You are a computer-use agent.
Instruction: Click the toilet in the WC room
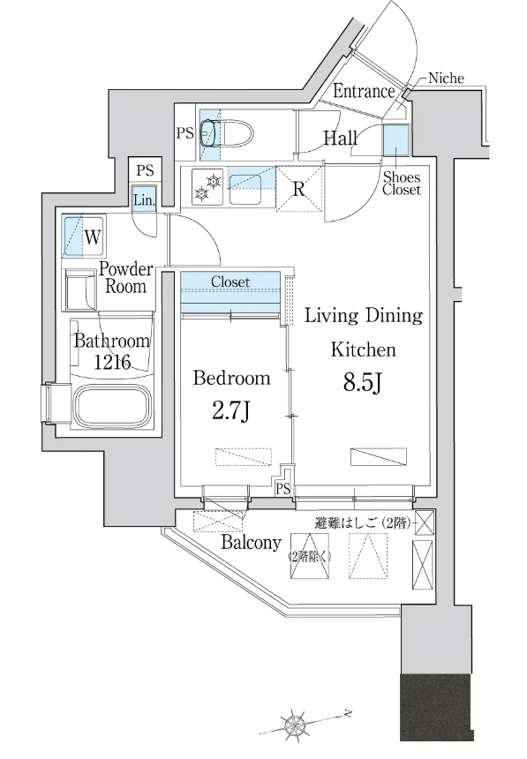(227, 133)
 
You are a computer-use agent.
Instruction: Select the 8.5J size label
(364, 383)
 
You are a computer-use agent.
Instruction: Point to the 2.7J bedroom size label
(231, 411)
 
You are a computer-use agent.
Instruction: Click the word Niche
(446, 78)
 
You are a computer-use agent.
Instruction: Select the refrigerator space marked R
(299, 189)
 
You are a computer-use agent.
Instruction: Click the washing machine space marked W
(83, 237)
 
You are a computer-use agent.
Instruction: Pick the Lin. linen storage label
(145, 199)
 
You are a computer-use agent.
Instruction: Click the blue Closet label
(230, 282)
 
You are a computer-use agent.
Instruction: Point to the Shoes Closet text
(402, 184)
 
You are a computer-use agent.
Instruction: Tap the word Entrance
(364, 92)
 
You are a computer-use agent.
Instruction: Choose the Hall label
(341, 139)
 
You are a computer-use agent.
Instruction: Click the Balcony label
(251, 542)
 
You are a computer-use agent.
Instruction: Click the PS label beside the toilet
(184, 132)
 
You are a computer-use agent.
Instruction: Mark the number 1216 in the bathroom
(112, 361)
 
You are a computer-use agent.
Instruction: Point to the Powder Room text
(125, 277)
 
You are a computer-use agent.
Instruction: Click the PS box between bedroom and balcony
(282, 489)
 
